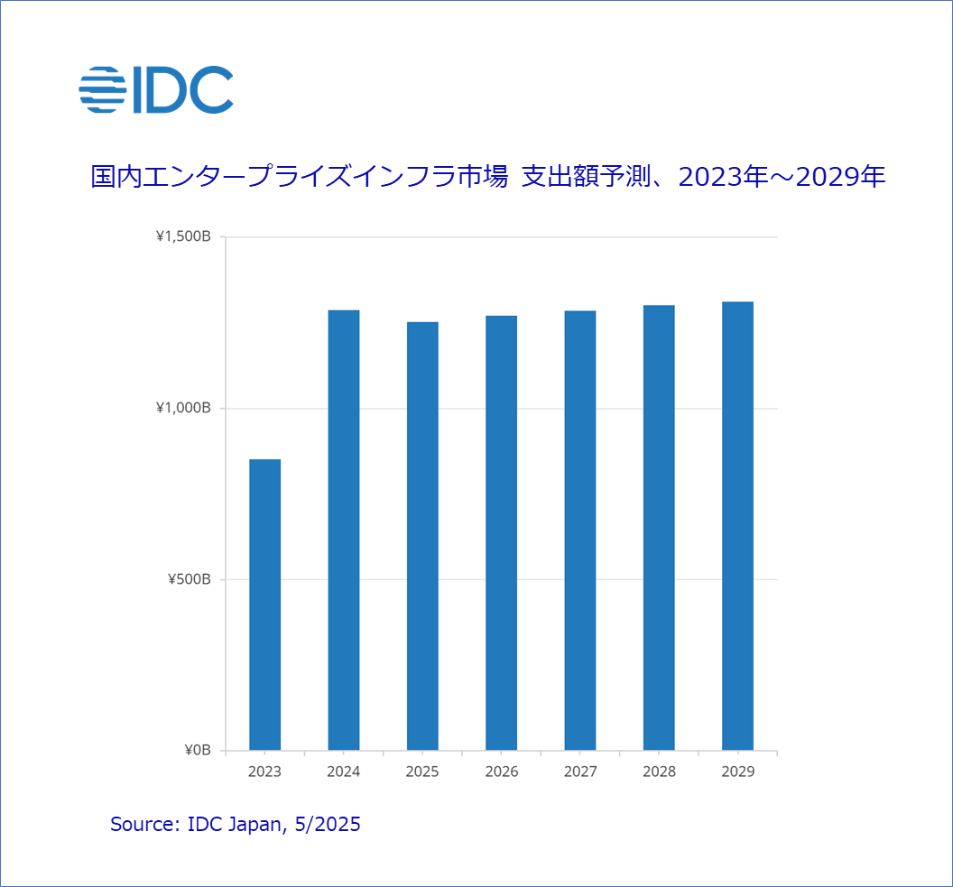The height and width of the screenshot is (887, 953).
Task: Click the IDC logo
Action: (x=156, y=89)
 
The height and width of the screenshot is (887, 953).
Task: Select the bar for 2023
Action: (x=264, y=605)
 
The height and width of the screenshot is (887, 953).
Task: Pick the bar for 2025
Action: (x=422, y=536)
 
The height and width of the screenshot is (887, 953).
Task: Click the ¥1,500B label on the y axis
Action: (x=183, y=237)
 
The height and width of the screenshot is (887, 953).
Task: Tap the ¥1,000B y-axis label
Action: (x=183, y=408)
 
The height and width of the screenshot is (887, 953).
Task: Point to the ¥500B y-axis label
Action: (x=190, y=579)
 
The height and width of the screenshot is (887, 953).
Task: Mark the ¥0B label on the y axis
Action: (x=197, y=750)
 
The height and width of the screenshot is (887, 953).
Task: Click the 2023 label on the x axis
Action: (x=264, y=772)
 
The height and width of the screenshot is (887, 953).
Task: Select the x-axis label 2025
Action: (x=422, y=772)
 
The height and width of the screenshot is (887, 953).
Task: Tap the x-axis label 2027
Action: (x=580, y=772)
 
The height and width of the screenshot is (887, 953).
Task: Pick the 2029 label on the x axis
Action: (x=738, y=772)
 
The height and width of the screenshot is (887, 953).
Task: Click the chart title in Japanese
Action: (x=487, y=177)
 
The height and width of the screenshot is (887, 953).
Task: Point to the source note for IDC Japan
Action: (x=235, y=824)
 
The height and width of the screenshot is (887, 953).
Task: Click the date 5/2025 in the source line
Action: (x=328, y=824)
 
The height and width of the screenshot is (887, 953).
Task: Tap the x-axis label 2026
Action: (x=502, y=772)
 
